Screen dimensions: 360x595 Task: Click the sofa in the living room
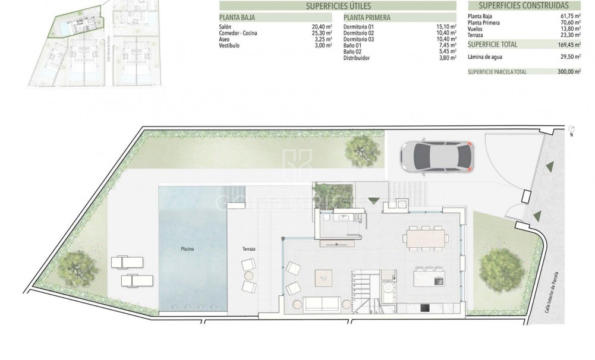[x=322, y=304]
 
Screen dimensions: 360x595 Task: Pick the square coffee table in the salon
[x=324, y=276]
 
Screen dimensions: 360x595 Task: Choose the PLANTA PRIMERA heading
[x=367, y=18]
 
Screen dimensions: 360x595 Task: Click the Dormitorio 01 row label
[x=358, y=27]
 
